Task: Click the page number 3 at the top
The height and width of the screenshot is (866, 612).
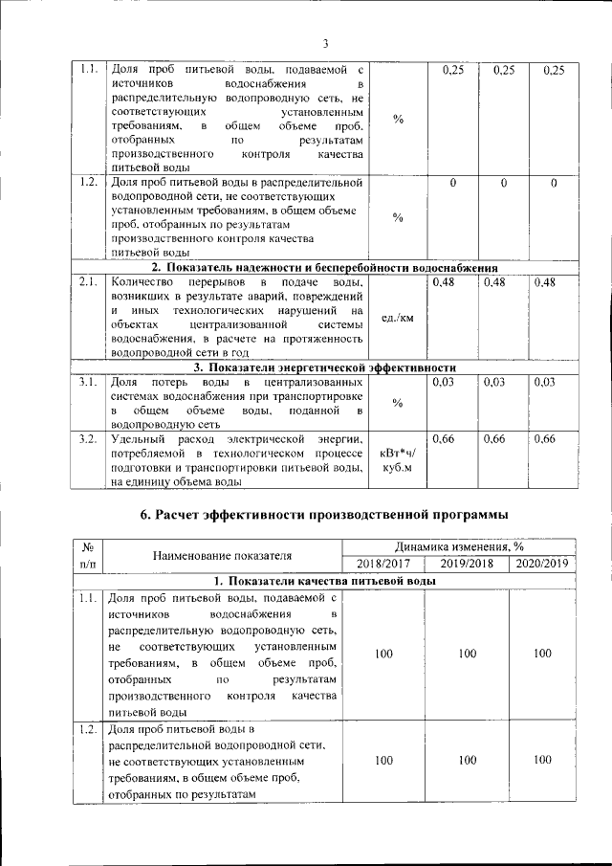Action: click(x=325, y=43)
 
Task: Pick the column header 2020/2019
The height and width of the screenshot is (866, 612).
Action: click(x=542, y=563)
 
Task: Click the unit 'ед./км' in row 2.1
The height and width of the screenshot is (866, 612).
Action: click(x=397, y=318)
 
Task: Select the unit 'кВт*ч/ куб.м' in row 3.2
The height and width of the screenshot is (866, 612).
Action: click(x=397, y=461)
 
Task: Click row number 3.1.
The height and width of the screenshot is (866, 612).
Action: click(x=88, y=383)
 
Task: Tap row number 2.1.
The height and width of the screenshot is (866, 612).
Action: click(x=88, y=282)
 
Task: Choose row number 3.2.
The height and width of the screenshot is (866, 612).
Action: click(x=88, y=439)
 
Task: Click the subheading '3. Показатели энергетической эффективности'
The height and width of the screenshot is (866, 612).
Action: click(x=324, y=367)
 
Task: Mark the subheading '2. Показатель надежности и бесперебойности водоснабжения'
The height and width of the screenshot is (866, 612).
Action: click(x=324, y=267)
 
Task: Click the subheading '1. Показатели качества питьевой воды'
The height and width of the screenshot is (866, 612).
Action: click(x=324, y=581)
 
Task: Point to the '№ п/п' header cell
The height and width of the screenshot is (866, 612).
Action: click(x=87, y=555)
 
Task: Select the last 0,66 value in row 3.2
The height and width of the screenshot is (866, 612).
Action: click(x=544, y=439)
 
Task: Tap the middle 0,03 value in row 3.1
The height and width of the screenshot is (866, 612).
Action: click(x=496, y=383)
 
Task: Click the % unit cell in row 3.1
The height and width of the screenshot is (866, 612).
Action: click(x=397, y=403)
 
